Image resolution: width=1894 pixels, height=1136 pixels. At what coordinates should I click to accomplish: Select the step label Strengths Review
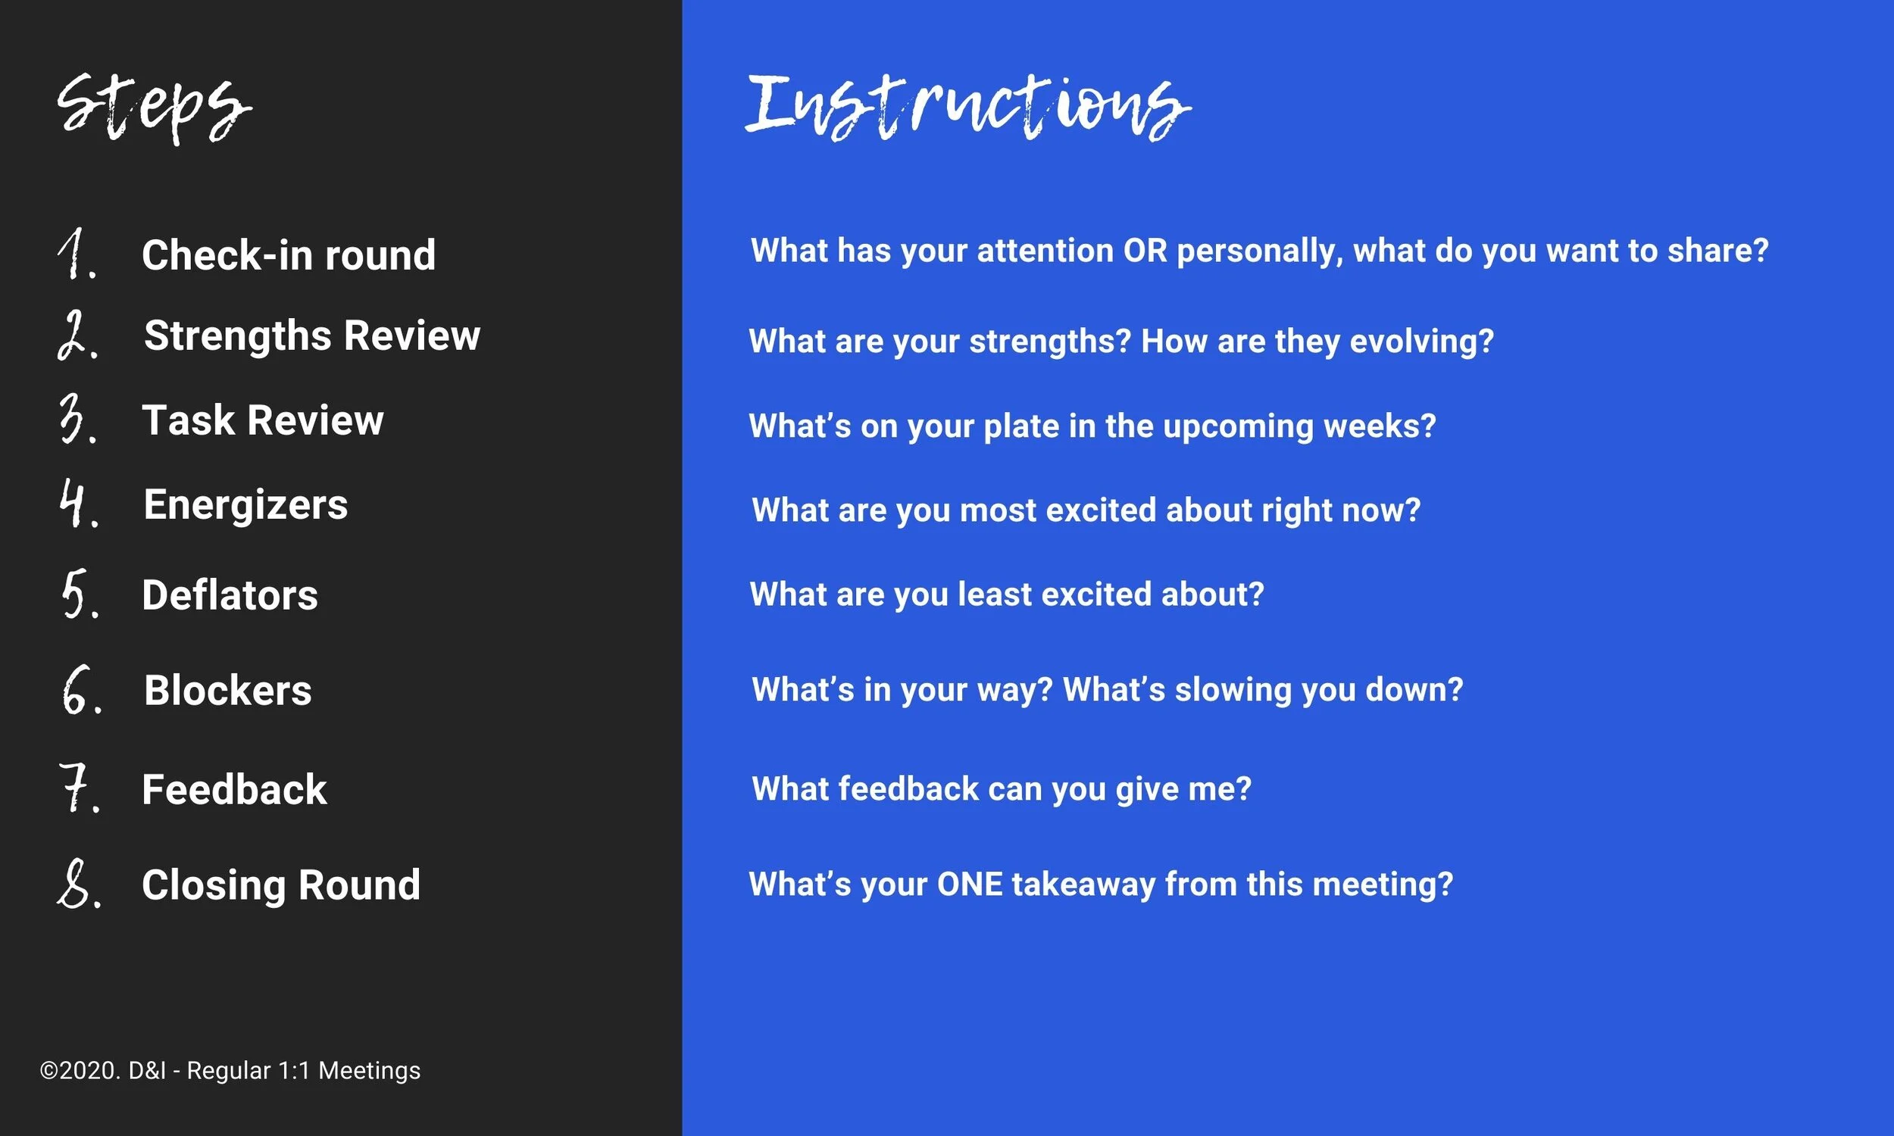tap(311, 335)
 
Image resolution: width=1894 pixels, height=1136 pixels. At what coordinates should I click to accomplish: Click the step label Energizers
tap(245, 504)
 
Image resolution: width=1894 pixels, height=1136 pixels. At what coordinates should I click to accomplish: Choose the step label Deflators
tap(230, 595)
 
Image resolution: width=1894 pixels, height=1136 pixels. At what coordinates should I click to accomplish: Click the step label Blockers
tap(227, 690)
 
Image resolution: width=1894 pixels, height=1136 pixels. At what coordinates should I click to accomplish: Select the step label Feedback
tap(234, 789)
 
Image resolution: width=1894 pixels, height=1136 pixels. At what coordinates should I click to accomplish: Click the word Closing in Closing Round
tap(214, 885)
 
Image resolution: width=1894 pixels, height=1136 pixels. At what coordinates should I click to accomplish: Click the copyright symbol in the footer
tap(49, 1070)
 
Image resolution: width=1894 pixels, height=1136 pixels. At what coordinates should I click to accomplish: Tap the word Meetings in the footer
tap(369, 1070)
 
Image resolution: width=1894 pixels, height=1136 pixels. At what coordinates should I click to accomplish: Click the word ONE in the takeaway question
tap(969, 884)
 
